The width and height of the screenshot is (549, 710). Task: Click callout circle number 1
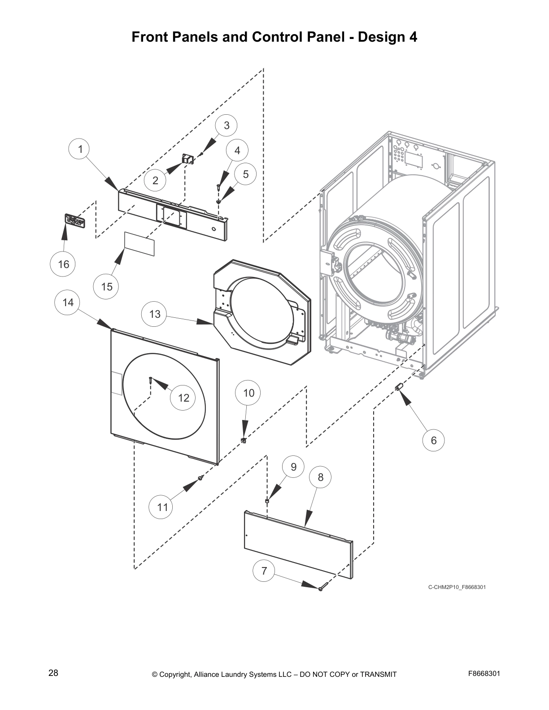pos(80,149)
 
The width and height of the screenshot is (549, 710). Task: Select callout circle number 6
pos(433,440)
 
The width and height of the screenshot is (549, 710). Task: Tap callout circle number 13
pos(155,314)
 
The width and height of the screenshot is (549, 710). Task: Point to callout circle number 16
pos(63,264)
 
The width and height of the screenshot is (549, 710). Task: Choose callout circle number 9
pos(293,467)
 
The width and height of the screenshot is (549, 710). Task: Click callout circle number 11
pos(162,507)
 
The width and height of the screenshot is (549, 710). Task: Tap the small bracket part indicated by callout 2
pos(187,159)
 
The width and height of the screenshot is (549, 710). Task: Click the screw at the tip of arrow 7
pos(321,589)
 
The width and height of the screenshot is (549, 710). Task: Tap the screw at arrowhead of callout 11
pos(200,478)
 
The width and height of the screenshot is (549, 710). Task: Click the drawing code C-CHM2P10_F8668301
pos(457,587)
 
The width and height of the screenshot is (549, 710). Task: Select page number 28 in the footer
pos(53,673)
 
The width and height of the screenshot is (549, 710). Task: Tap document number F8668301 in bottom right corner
pos(484,673)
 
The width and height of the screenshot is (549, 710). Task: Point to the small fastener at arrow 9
pos(267,500)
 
